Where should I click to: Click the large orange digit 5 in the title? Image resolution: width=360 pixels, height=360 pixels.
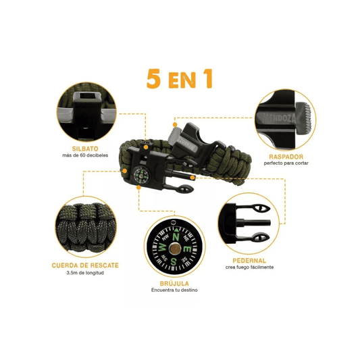tap(153, 79)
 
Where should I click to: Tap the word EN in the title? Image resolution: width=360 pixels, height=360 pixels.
tap(182, 80)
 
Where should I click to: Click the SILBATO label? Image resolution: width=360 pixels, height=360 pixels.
tap(85, 149)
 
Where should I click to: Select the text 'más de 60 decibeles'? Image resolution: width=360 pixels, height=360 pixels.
tap(85, 155)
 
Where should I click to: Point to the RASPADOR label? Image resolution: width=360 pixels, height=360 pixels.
tap(286, 157)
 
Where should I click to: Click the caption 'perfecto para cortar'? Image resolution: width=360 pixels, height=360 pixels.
tap(286, 163)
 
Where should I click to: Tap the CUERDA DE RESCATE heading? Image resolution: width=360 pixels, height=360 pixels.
tap(85, 265)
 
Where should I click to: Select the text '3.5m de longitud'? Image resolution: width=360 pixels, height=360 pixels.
tap(85, 273)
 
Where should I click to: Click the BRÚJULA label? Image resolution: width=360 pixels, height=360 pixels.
tap(174, 283)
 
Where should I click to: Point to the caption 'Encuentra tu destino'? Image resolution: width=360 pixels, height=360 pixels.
tap(174, 290)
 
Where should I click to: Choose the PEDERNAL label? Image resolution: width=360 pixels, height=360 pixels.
tap(249, 261)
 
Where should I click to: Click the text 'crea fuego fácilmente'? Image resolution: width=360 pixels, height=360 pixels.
tap(249, 267)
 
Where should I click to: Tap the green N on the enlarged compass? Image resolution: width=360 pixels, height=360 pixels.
tap(176, 236)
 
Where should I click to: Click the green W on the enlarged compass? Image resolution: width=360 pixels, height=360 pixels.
tap(162, 247)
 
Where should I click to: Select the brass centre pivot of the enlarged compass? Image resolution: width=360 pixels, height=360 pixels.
tap(175, 249)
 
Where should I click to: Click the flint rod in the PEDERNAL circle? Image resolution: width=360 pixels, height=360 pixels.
tap(253, 222)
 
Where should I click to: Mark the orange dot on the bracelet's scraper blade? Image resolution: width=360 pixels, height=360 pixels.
tap(175, 125)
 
